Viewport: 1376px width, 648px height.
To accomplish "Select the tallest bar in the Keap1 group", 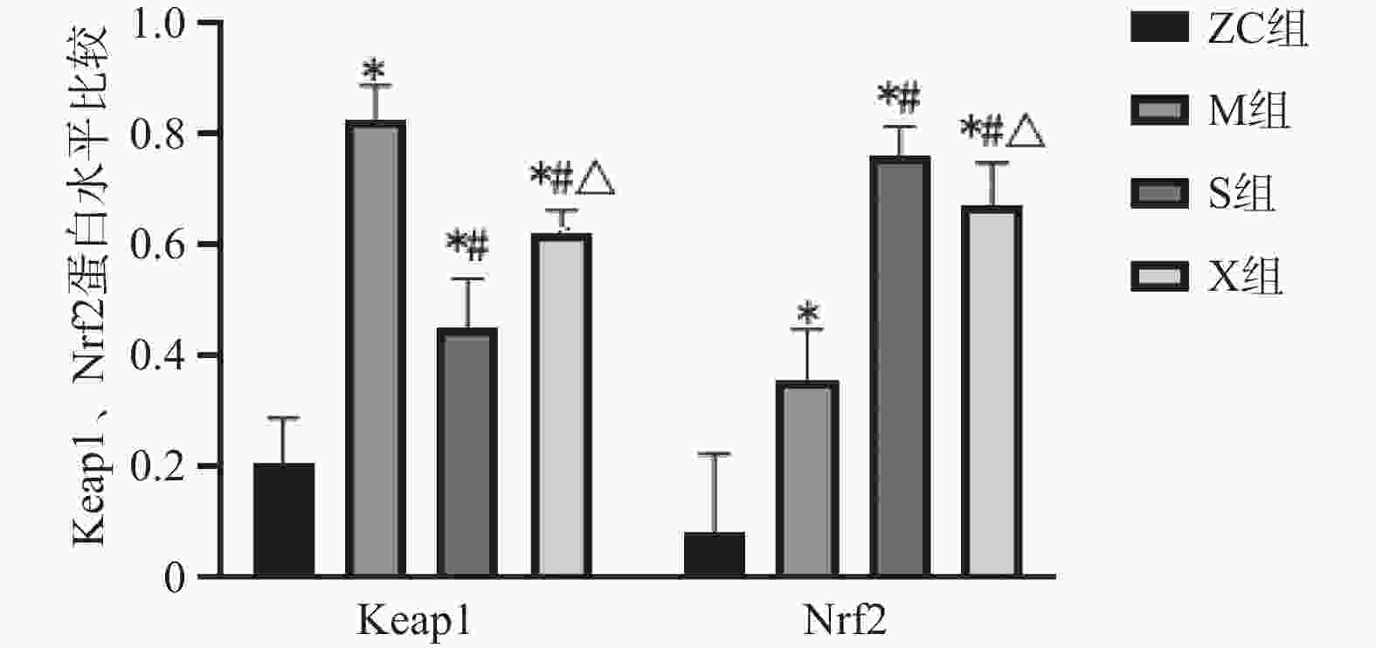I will (376, 349).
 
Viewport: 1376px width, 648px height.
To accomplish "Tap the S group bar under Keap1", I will (467, 452).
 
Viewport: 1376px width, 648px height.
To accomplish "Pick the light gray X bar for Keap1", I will (562, 405).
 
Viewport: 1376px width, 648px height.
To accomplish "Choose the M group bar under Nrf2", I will (807, 479).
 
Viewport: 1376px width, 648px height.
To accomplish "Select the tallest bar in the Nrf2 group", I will (900, 367).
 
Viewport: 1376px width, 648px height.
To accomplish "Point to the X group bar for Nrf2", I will (992, 391).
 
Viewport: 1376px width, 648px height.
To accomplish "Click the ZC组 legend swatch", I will (1159, 28).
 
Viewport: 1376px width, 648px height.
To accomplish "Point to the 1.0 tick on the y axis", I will (157, 24).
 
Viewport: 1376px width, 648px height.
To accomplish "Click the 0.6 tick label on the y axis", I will (157, 245).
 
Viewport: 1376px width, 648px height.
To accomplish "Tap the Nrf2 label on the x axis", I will (844, 622).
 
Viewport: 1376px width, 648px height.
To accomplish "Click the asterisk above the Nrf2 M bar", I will (809, 313).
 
